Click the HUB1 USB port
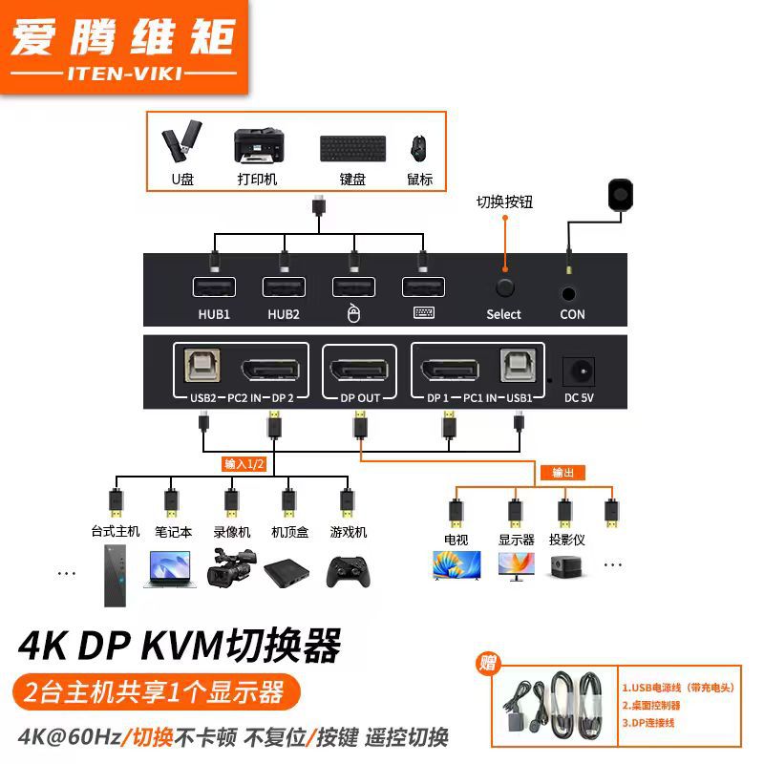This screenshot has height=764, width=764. (213, 287)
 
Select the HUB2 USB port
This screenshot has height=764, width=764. (284, 287)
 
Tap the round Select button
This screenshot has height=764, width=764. (504, 287)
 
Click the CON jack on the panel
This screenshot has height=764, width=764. (571, 294)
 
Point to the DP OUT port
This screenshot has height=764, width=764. (361, 369)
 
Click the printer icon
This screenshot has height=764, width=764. (257, 147)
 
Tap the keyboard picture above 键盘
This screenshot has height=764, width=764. (352, 149)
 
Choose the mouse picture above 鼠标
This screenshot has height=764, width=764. (418, 148)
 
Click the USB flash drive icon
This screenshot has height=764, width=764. (182, 143)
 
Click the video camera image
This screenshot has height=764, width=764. (229, 568)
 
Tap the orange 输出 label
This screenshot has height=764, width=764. (562, 473)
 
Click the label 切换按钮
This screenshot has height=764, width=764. (505, 202)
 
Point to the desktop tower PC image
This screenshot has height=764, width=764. (117, 575)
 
